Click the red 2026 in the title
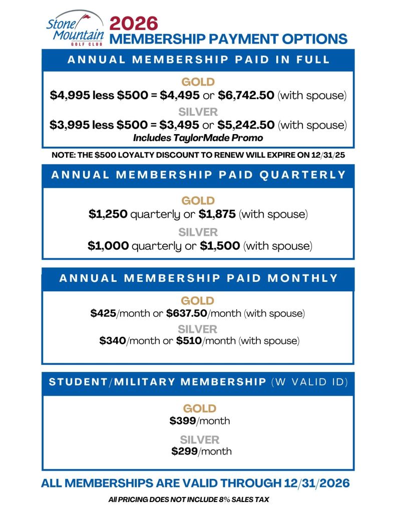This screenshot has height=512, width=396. tap(134, 23)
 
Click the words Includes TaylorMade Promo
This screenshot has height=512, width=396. tap(198, 137)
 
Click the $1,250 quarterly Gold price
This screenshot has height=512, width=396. tap(108, 214)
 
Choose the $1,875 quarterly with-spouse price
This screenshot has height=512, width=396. tap(218, 214)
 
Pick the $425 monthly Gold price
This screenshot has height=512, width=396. tap(103, 313)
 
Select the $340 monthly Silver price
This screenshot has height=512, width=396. tap(112, 341)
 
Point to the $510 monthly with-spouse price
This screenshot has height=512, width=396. tap(189, 341)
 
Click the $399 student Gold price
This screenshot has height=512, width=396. tap(183, 420)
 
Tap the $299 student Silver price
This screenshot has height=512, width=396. tap(184, 451)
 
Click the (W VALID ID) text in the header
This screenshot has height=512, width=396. tap(309, 382)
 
